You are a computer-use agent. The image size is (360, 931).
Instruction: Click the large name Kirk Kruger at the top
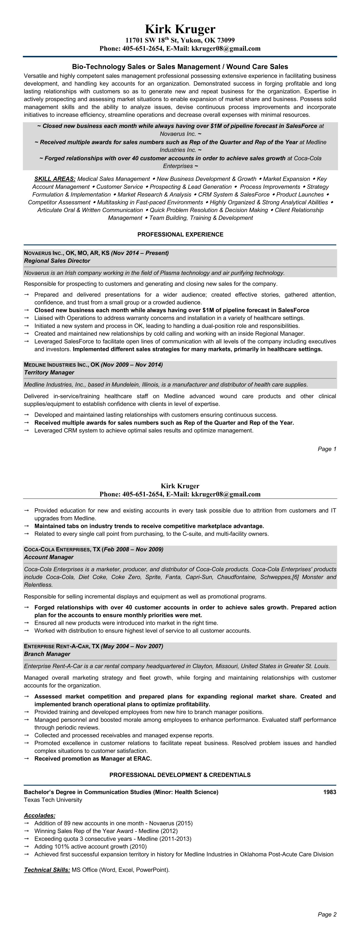pos(180,29)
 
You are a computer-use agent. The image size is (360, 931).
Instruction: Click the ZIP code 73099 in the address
pos(225,40)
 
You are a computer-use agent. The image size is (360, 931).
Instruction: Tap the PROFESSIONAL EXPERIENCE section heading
pos(180,235)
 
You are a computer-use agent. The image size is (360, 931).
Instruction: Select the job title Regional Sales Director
pos(57,261)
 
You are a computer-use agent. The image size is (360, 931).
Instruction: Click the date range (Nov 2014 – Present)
pos(140,253)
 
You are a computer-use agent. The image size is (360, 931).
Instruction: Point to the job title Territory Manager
pos(49,372)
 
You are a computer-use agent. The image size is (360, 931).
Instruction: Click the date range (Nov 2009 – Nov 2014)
pos(132,365)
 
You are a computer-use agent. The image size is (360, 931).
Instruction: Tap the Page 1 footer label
pos(327,449)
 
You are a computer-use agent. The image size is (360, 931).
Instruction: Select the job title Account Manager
pos(49,557)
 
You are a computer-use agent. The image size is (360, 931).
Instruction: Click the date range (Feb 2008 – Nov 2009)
pos(133,549)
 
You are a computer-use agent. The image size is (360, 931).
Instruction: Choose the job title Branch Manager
pos(47,654)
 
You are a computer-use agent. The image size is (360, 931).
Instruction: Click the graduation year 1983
pos(330,792)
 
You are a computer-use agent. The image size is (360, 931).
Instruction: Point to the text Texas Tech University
pos(53,800)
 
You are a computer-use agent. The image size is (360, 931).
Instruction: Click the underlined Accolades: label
pos(40,815)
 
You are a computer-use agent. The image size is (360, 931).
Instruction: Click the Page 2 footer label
pos(327,914)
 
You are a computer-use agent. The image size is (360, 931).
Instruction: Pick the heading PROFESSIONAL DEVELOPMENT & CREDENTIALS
pos(180,775)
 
